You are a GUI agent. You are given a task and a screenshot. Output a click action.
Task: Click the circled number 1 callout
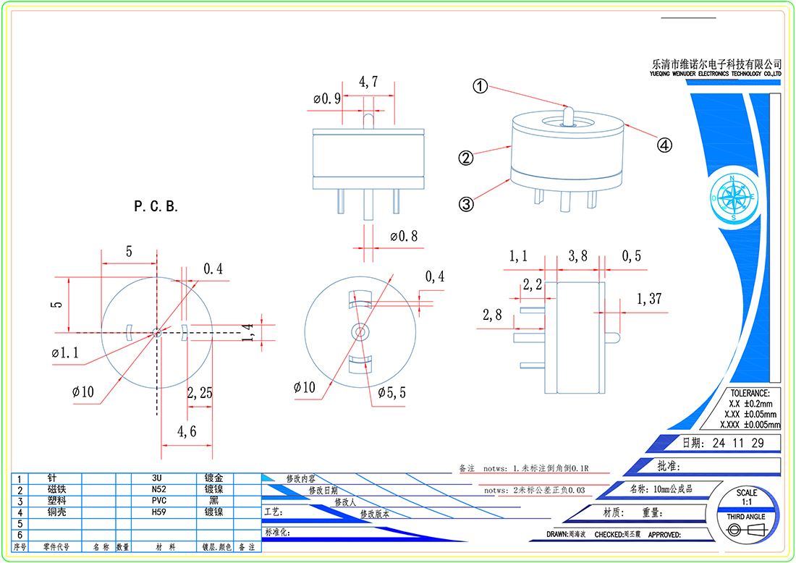tap(480, 86)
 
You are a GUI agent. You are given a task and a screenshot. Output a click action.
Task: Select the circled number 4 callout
tap(664, 145)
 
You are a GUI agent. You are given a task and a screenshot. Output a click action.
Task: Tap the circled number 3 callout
tap(467, 204)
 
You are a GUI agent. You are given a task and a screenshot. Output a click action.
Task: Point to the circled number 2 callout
tap(466, 157)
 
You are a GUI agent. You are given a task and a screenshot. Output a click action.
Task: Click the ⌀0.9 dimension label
tap(327, 99)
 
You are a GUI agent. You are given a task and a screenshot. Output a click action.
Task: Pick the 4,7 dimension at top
tap(369, 83)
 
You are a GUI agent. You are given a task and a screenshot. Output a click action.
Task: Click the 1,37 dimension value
tap(649, 298)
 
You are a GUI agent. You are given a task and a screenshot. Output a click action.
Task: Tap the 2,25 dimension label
tap(200, 393)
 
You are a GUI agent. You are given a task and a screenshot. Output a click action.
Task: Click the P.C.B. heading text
tap(156, 206)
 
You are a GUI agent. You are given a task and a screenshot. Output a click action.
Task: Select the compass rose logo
tap(733, 197)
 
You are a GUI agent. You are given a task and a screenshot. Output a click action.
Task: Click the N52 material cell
tap(160, 489)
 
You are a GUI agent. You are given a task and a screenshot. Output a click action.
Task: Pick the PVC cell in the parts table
tap(160, 500)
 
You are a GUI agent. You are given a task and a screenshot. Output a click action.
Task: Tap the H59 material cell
tap(160, 512)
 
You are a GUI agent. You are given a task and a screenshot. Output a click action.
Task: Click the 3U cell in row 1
tap(160, 478)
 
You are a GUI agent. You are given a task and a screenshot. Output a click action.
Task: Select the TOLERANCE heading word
tap(750, 393)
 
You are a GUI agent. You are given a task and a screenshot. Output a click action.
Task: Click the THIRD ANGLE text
tap(745, 517)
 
